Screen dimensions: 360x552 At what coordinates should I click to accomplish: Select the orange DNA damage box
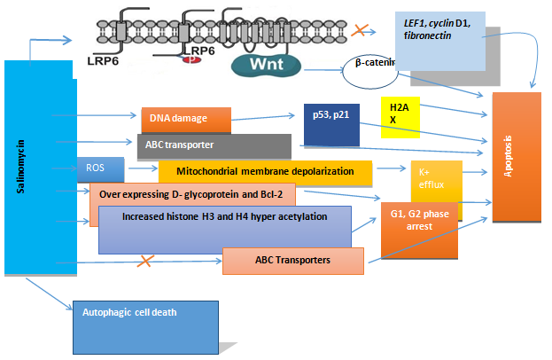pos(186,119)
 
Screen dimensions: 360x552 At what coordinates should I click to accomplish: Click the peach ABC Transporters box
pos(292,261)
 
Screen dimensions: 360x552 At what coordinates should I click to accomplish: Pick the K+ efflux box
pos(435,180)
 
